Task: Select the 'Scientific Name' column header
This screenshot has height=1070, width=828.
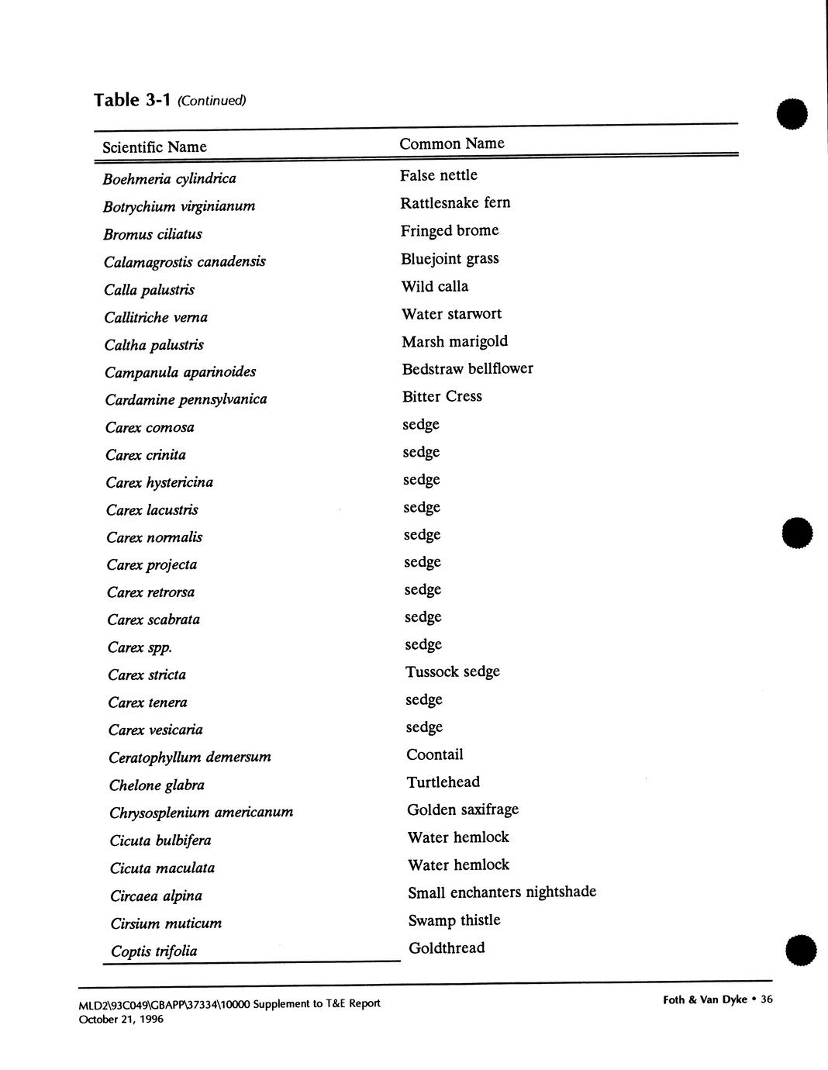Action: point(154,147)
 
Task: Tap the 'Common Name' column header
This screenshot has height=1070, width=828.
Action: point(451,143)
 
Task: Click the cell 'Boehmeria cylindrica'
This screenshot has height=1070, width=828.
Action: point(169,178)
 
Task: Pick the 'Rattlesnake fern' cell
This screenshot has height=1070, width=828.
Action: point(455,203)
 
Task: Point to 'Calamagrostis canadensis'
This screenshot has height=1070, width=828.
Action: point(185,261)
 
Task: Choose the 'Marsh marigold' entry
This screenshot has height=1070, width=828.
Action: point(454,341)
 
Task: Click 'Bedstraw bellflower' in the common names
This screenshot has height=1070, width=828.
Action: point(467,369)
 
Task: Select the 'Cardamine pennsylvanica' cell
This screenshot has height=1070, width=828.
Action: point(186,399)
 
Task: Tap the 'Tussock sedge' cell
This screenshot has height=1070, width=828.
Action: point(452,671)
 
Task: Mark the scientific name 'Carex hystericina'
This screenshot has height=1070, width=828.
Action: point(159,482)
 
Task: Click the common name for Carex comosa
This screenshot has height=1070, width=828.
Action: point(421,424)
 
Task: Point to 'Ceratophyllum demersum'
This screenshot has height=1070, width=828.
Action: point(190,757)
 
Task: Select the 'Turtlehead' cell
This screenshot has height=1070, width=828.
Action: point(443,782)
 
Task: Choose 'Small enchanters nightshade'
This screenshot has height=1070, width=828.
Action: point(502,892)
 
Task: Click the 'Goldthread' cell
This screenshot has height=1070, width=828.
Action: point(446,947)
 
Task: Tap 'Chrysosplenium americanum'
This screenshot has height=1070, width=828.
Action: point(201,813)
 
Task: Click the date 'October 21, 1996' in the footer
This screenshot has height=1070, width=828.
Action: point(121,1019)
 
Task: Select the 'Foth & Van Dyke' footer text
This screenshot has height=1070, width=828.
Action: point(705,999)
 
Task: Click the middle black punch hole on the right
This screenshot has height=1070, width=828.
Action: point(797,533)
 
